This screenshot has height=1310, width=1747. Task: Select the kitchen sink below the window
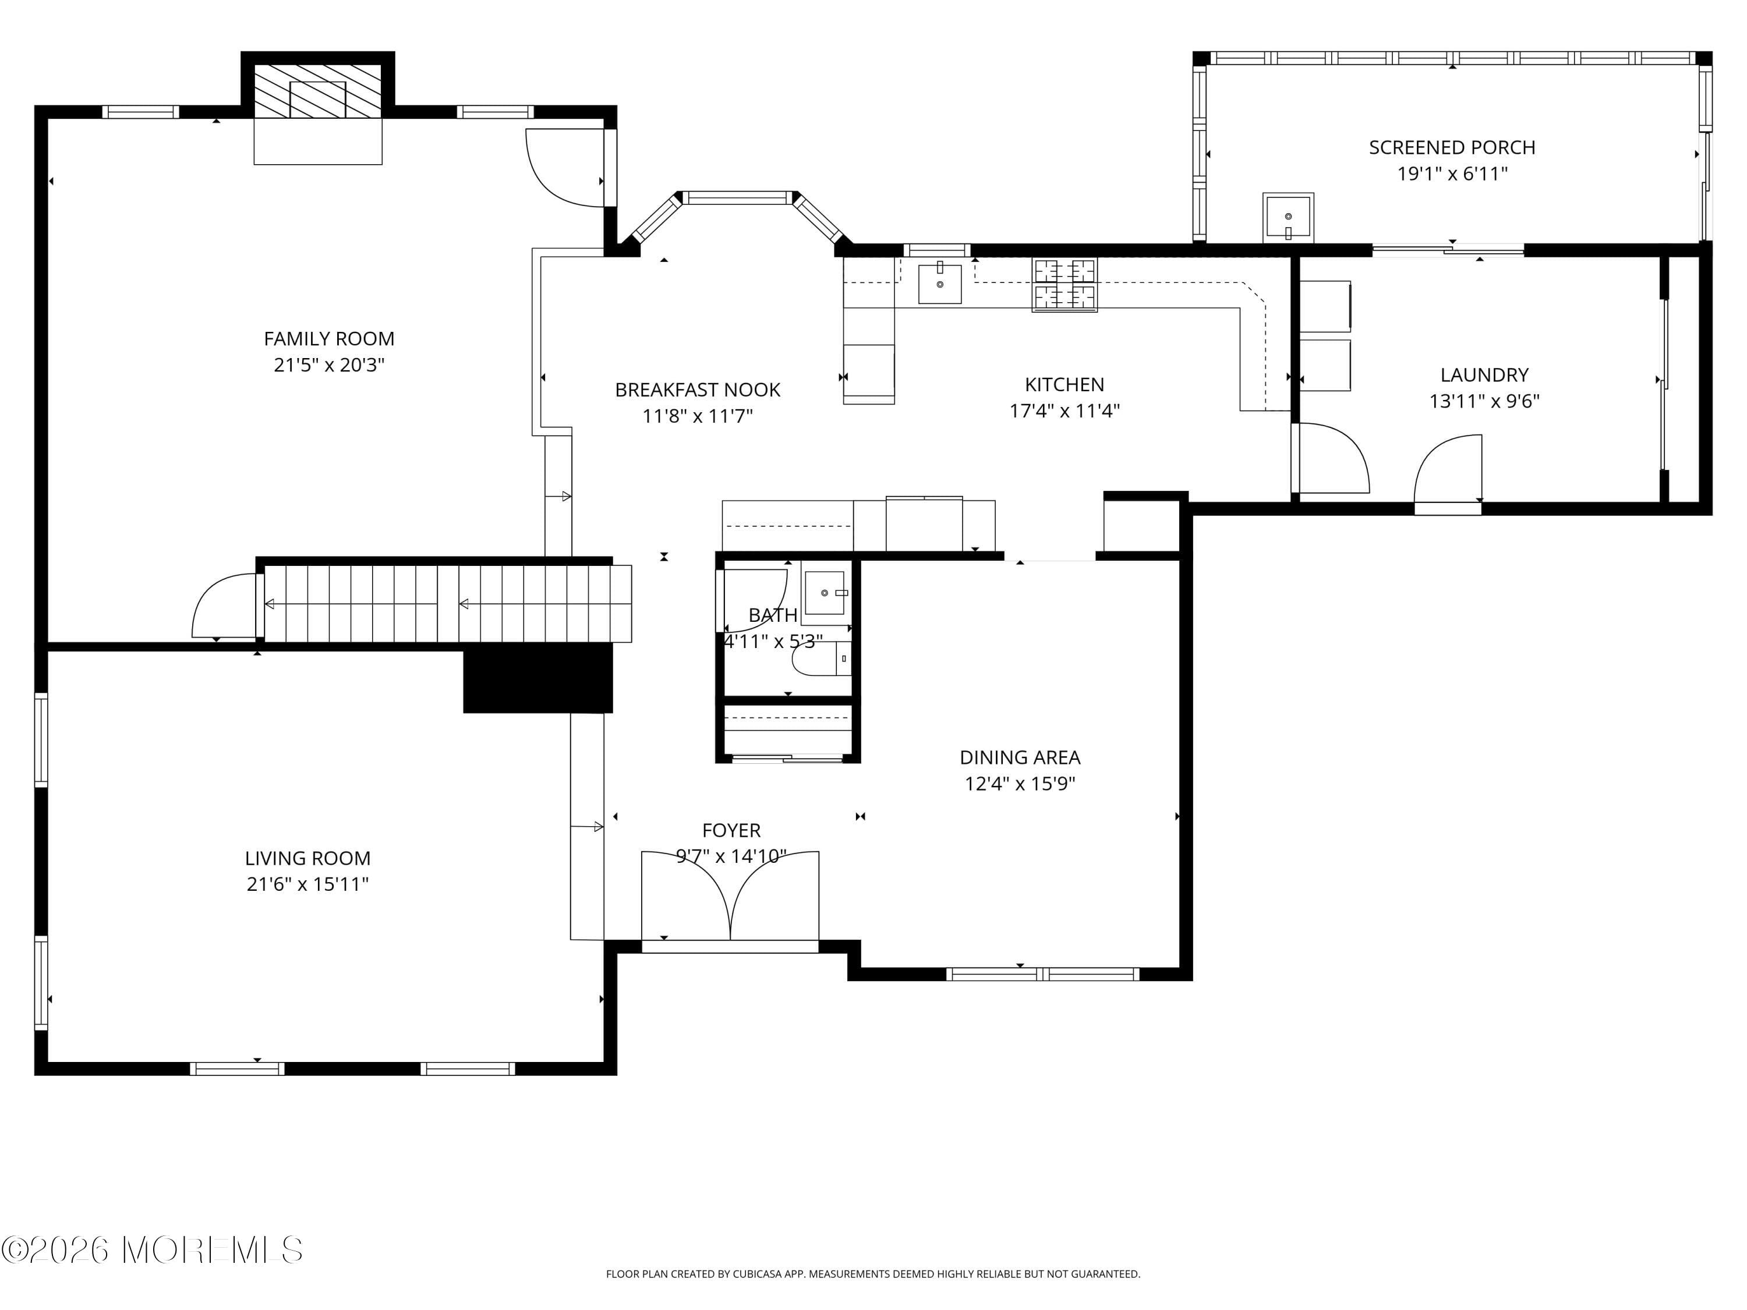[940, 284]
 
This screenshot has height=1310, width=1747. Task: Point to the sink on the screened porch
[1288, 217]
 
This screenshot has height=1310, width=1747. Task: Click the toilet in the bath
[821, 659]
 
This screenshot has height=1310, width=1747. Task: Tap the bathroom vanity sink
[825, 592]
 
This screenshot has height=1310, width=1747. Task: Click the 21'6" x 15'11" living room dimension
[307, 884]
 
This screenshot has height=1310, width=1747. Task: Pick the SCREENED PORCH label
[1452, 148]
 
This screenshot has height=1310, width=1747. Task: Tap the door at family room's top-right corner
[567, 168]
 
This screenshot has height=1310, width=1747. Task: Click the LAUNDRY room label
[1484, 375]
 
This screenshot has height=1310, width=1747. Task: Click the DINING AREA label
[1020, 757]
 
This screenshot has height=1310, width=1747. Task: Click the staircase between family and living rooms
[446, 604]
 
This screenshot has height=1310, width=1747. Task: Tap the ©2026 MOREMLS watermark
[151, 1250]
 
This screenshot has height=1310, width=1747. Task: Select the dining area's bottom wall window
[1042, 975]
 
